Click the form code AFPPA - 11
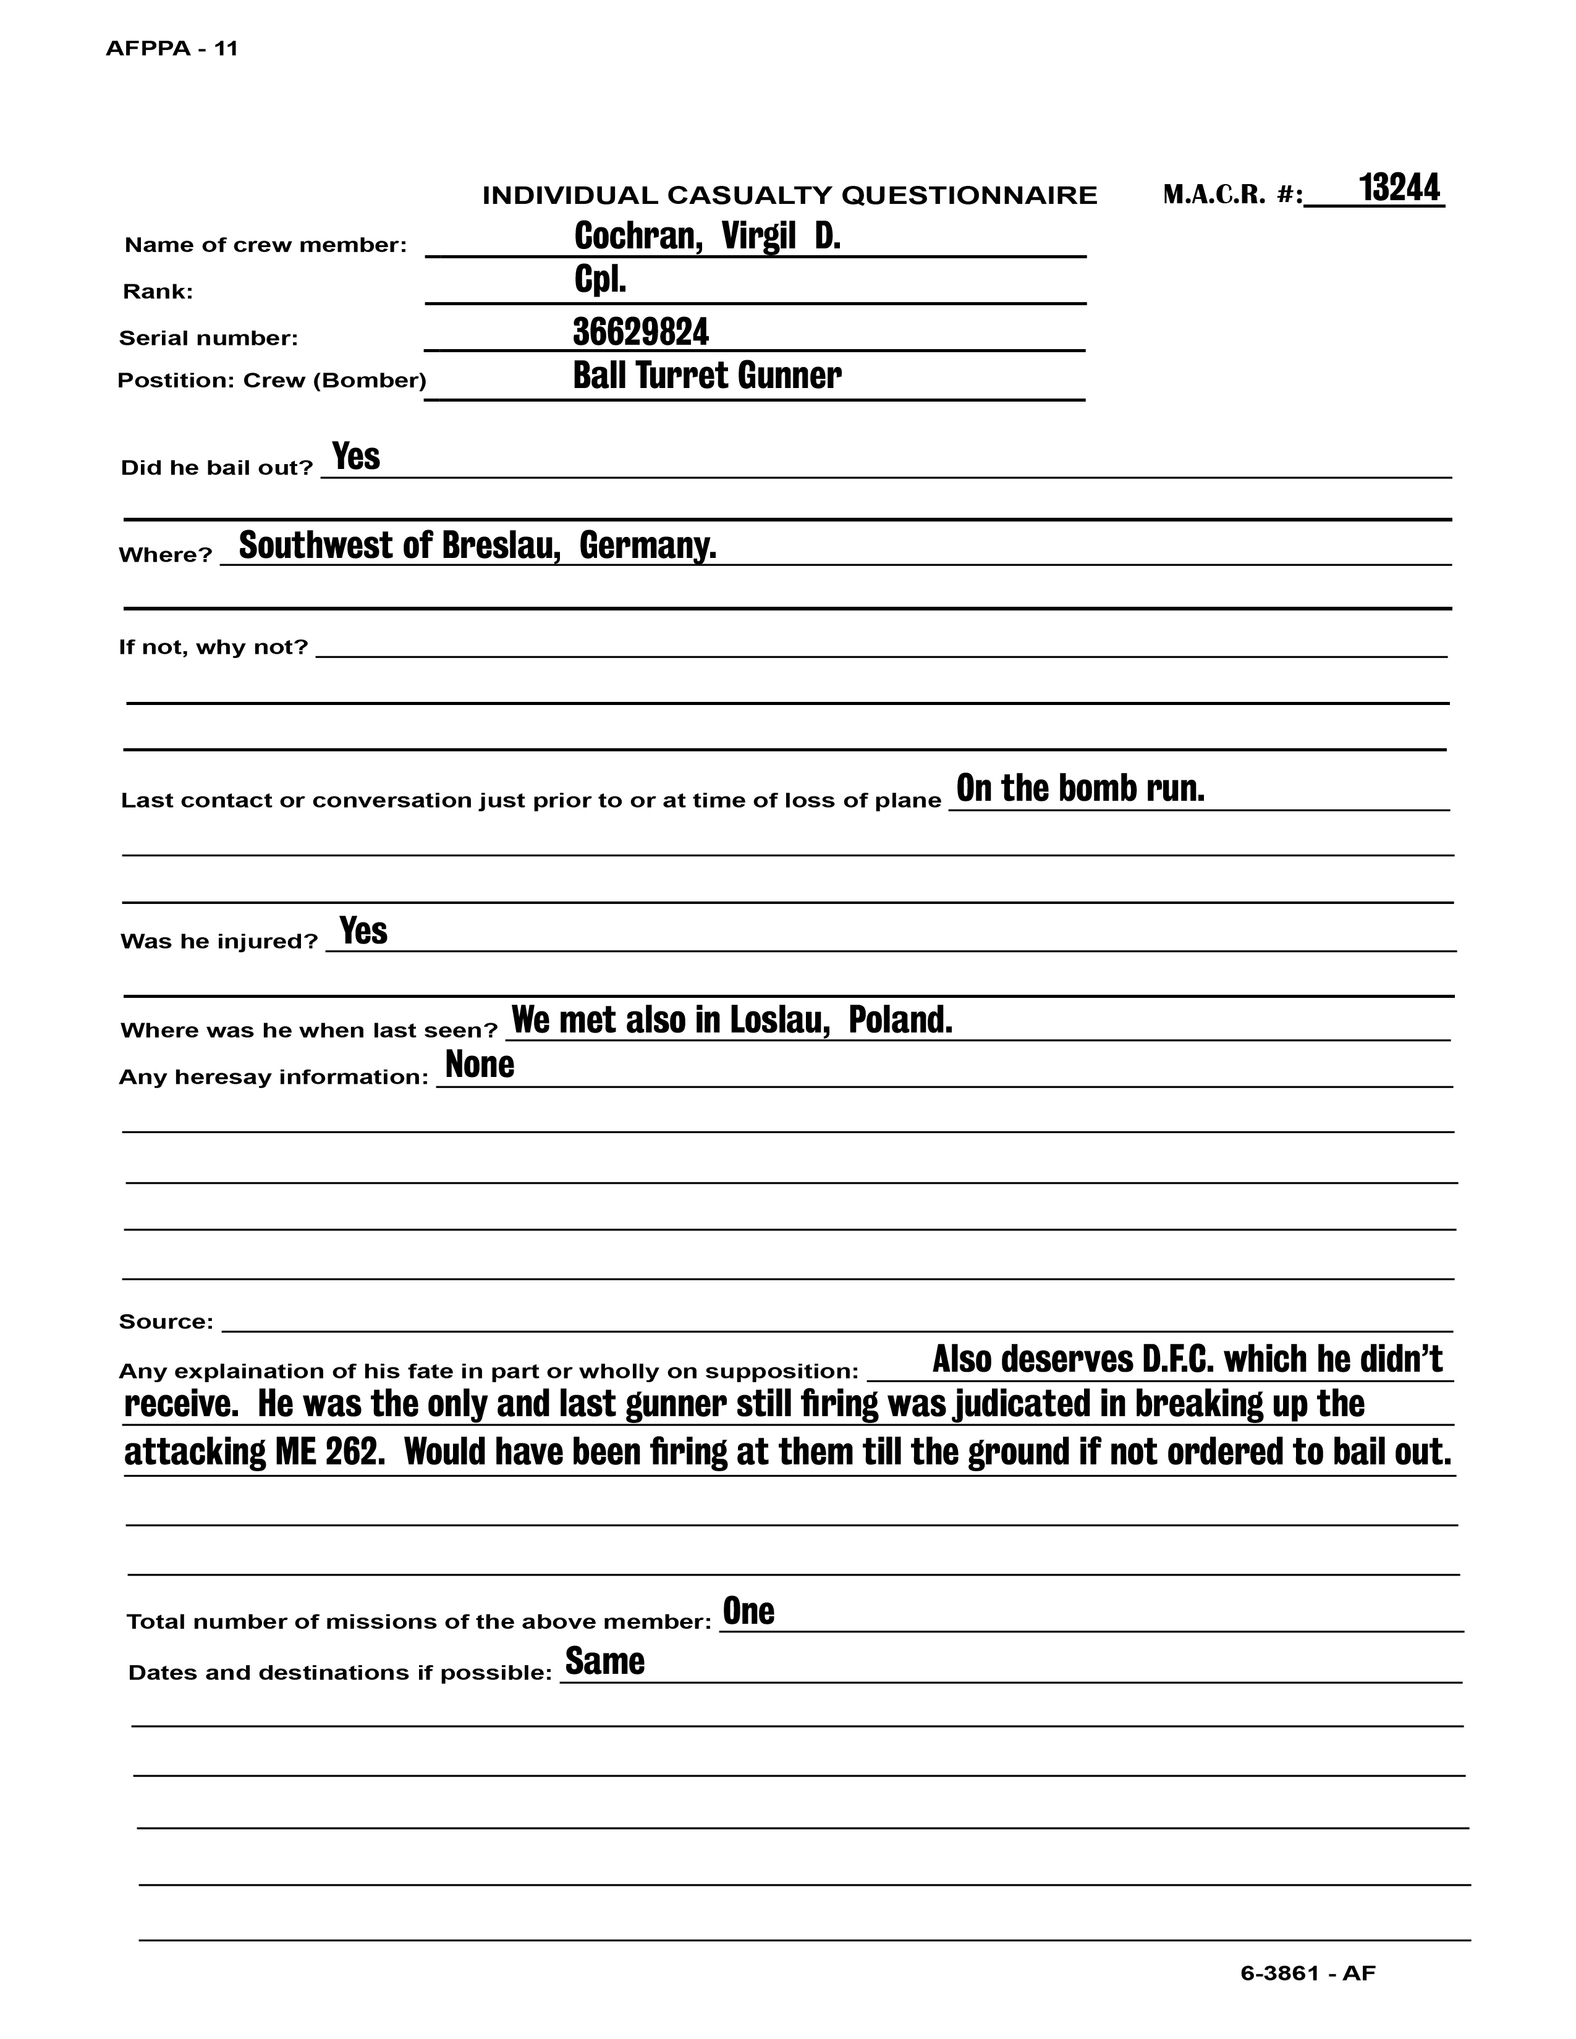(x=172, y=49)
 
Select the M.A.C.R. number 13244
(x=1399, y=188)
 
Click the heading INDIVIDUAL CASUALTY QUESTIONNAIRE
(x=789, y=195)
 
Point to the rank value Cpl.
(x=599, y=280)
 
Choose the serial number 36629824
(x=640, y=331)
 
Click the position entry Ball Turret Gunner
(x=707, y=375)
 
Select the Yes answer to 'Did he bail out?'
(x=356, y=457)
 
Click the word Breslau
(x=501, y=545)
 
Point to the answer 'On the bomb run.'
(x=1080, y=789)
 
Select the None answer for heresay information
(x=479, y=1065)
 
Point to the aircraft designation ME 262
(x=329, y=1452)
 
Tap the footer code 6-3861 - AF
(x=1307, y=1973)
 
